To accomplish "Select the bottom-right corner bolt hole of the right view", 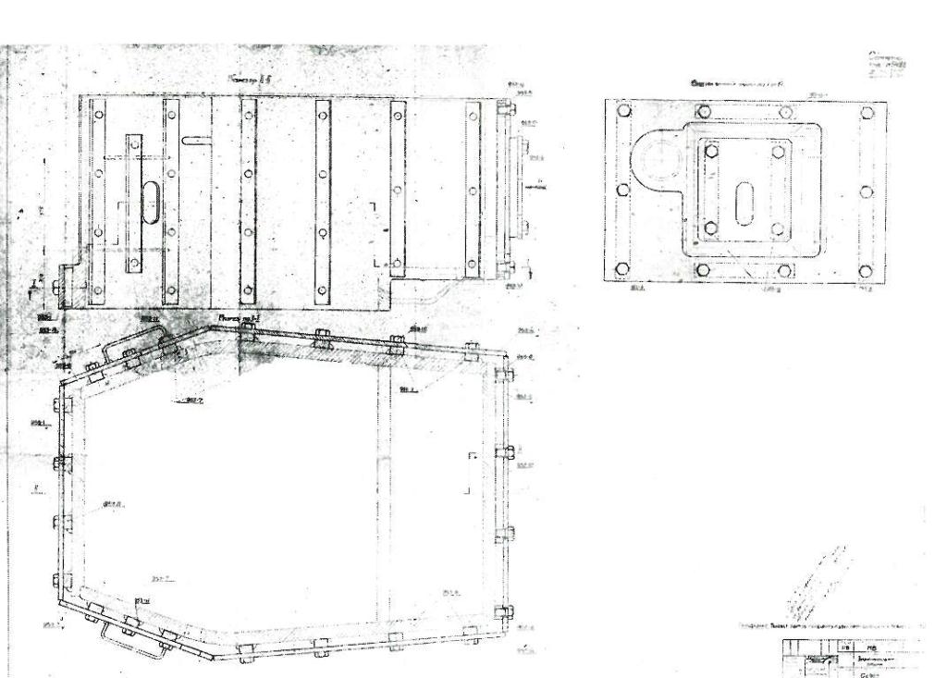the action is [867, 271].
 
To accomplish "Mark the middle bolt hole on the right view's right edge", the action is [867, 191].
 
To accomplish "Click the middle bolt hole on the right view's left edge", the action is [623, 190].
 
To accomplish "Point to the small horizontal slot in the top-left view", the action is [197, 141].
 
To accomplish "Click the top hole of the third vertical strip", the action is [247, 116].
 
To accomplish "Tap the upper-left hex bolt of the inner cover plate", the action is [711, 152].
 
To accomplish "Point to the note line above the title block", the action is [832, 626].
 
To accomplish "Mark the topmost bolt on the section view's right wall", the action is [504, 376].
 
